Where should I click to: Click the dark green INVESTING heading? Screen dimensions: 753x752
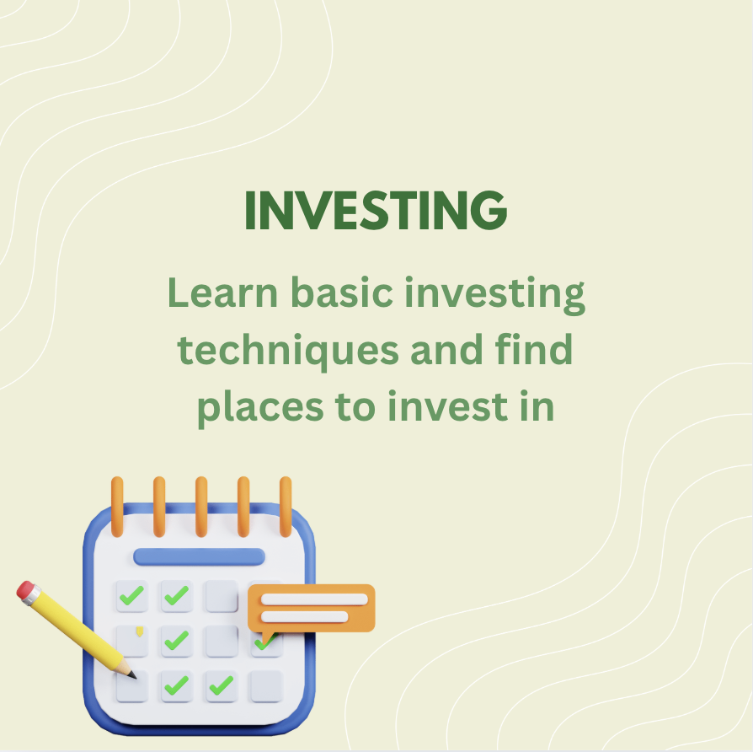coord(376,210)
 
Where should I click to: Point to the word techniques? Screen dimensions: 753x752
coord(288,351)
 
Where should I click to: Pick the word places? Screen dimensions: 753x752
coord(260,408)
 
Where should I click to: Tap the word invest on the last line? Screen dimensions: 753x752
coord(447,406)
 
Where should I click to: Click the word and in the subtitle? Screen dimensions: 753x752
coord(446,349)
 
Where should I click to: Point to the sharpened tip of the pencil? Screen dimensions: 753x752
coord(135,677)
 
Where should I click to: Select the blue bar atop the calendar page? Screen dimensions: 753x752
coord(199,556)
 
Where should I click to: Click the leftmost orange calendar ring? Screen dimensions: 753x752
coord(117,507)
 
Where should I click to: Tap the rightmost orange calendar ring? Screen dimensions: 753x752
coord(286,507)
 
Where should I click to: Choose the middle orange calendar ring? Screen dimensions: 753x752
coord(201,507)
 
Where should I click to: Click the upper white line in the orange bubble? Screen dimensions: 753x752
coord(314,599)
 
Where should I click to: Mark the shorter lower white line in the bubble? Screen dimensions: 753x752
coord(304,616)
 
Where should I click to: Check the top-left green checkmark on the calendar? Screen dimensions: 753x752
coord(131,595)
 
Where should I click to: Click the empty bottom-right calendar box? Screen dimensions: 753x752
coord(266,686)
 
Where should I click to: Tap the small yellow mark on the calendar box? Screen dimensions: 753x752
coord(139,631)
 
